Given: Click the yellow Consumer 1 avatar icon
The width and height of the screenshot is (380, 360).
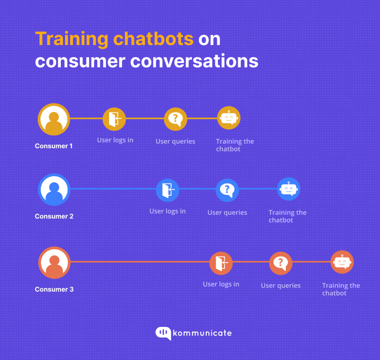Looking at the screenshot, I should coord(54,119).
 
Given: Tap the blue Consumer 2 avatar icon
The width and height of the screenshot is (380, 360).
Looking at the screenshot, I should coord(54,189).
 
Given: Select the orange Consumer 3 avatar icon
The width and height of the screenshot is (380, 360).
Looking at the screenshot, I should coord(54,263).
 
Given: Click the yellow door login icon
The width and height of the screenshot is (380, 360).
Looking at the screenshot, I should coord(114,119).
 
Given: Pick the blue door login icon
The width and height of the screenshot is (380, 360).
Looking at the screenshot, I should coord(168,190).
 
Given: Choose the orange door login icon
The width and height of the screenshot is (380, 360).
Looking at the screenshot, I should coord(221,263).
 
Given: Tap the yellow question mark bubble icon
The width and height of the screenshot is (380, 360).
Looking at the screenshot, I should coord(175,119).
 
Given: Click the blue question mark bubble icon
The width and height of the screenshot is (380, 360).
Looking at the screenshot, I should coord(227,190).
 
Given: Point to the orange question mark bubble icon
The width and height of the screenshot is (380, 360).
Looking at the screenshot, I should coord(281,263).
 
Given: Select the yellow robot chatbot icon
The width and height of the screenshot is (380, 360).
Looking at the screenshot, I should coord(229,118).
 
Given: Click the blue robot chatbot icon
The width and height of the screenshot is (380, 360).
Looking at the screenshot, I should coord(289,189).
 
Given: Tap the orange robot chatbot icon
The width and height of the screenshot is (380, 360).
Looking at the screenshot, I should coord(342,262).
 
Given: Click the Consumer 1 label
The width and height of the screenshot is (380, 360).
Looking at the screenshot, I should coord(54,146).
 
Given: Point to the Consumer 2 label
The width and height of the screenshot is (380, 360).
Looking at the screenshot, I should coord(54,216).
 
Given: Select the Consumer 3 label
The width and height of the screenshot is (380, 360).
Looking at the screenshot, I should coord(54,289).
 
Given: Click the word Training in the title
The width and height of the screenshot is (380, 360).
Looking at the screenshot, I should coord(71,39).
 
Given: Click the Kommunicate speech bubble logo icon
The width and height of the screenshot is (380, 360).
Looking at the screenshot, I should coord(163,333).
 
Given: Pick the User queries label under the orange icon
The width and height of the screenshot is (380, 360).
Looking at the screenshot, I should coord(281,286).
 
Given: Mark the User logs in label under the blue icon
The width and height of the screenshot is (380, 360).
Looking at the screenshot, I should coord(168,211).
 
